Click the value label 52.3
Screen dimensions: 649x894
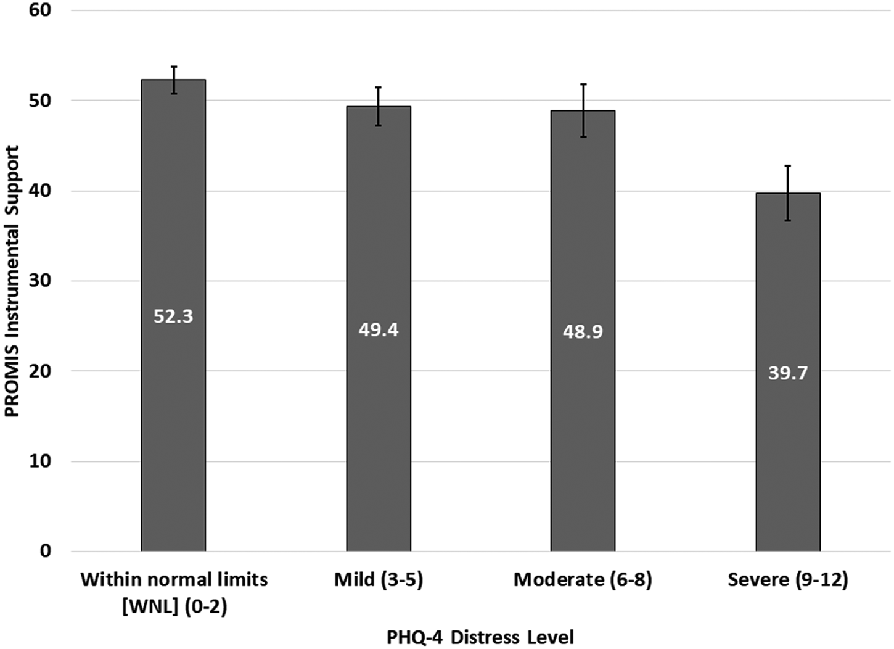(x=173, y=316)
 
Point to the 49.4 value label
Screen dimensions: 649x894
(x=379, y=330)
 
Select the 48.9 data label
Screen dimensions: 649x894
(x=583, y=332)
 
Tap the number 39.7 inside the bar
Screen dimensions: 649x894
(x=787, y=373)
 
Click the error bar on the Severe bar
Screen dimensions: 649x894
(x=787, y=193)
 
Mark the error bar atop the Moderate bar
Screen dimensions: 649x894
(x=583, y=110)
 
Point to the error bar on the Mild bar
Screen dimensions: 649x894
(x=378, y=106)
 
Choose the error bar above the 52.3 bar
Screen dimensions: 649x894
(x=174, y=80)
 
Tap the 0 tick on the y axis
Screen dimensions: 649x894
(x=46, y=551)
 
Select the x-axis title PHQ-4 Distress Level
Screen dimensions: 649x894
(x=480, y=637)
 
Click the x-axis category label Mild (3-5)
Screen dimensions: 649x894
(x=379, y=580)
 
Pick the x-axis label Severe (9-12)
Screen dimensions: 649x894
(x=787, y=580)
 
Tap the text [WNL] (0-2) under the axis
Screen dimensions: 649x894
(x=174, y=607)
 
